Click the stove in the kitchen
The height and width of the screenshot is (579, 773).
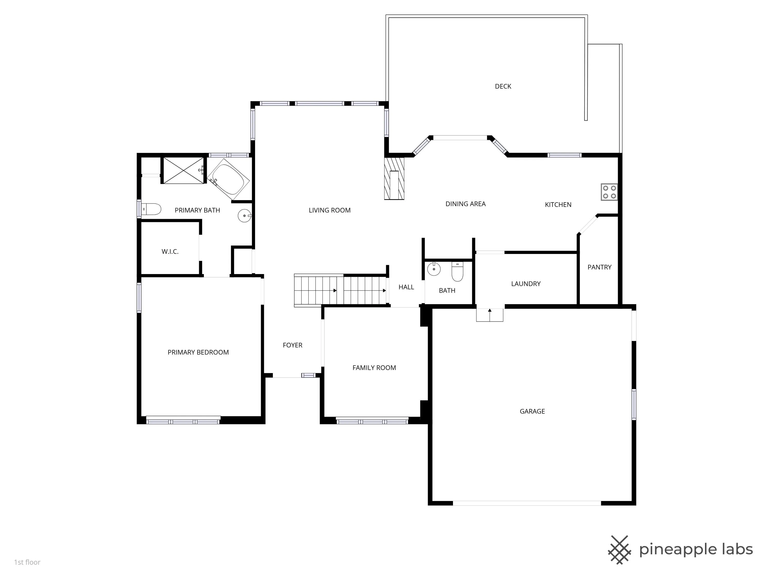[609, 192]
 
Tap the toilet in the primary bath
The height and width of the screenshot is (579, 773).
[151, 209]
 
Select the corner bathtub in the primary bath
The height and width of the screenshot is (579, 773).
[229, 179]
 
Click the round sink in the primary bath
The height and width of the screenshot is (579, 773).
[244, 216]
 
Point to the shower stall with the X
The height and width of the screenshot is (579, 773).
[183, 170]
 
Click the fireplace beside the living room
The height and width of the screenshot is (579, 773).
[394, 179]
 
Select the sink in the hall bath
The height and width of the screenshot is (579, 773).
[434, 269]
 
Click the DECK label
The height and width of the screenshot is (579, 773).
[503, 86]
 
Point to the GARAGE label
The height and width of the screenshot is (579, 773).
[532, 411]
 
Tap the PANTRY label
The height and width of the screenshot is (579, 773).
[599, 267]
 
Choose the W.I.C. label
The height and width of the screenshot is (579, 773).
[170, 251]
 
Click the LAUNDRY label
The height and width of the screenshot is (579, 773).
[526, 284]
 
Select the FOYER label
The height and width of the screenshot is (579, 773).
[292, 345]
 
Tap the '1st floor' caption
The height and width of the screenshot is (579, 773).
[27, 562]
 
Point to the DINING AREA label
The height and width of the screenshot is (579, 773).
[466, 204]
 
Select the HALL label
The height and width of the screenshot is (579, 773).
[406, 287]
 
